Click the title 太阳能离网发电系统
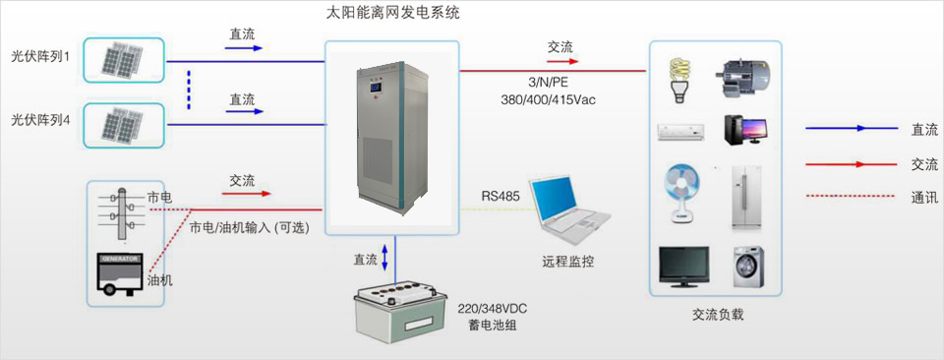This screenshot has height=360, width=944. [x=392, y=15]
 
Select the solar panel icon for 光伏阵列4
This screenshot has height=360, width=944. [x=123, y=125]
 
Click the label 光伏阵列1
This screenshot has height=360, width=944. [x=40, y=56]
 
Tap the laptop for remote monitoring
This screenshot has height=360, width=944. [x=566, y=210]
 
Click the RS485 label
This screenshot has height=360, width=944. [x=500, y=196]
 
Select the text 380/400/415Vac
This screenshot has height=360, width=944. [x=548, y=99]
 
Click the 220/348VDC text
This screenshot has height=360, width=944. [x=499, y=307]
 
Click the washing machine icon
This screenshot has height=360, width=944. [x=746, y=267]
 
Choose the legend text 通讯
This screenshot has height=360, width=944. [x=923, y=197]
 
